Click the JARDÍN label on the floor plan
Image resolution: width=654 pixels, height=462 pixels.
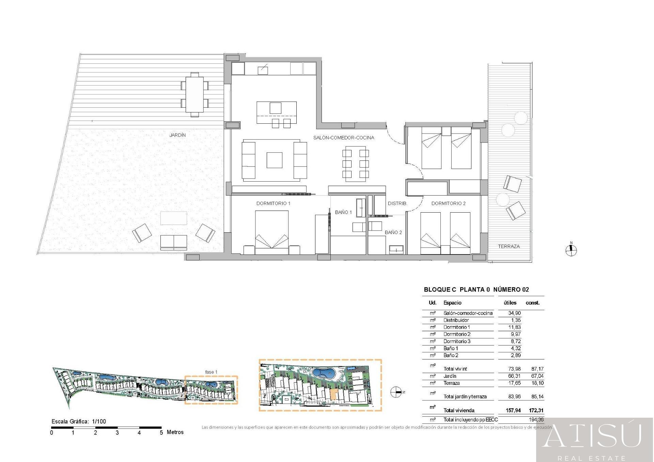coord(177,135)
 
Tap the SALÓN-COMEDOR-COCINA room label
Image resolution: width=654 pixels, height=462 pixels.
coord(344,138)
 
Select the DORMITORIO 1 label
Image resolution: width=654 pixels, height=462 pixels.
coord(273,203)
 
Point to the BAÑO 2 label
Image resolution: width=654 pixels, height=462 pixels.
coord(393,232)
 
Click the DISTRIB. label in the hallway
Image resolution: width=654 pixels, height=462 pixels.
coord(397,203)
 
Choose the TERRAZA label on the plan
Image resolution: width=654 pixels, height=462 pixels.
coord(509,246)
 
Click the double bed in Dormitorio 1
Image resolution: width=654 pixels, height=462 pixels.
coord(272,233)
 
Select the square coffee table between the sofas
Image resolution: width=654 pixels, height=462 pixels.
coord(274,160)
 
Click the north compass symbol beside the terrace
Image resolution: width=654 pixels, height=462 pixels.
coord(571,250)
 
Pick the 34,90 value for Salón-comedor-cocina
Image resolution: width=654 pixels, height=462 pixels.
coord(514,313)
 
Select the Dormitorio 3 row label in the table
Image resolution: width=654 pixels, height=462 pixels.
coord(457,341)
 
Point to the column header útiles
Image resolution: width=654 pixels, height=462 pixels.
coord(510,303)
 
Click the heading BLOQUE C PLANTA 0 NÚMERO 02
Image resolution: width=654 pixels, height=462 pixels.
coord(476,290)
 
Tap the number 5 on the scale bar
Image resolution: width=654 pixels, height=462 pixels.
coord(161,433)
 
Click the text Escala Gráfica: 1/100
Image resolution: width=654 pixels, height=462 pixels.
coord(79,421)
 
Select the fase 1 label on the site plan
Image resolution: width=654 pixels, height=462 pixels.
coord(211,372)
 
